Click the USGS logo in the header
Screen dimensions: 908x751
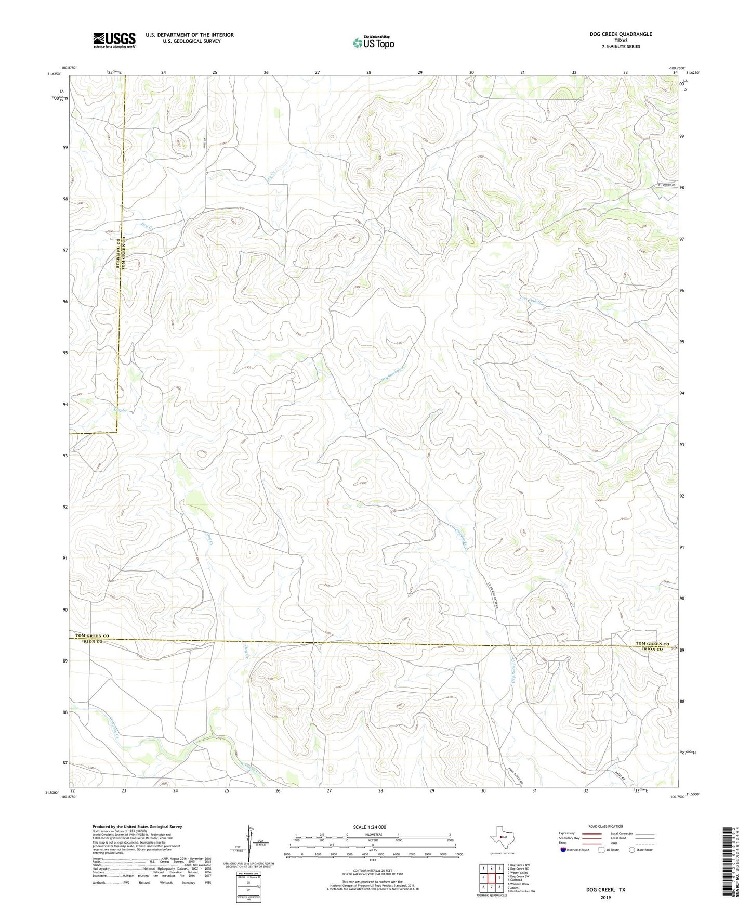114,40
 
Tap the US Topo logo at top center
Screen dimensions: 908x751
373,43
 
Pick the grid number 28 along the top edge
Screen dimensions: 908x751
368,72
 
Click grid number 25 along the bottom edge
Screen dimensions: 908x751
227,791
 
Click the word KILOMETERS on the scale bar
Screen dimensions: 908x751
373,835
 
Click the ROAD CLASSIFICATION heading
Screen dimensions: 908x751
605,827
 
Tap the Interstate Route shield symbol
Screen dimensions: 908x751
563,850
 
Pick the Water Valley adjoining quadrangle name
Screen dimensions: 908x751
520,873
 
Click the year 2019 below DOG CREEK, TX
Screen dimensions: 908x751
605,898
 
